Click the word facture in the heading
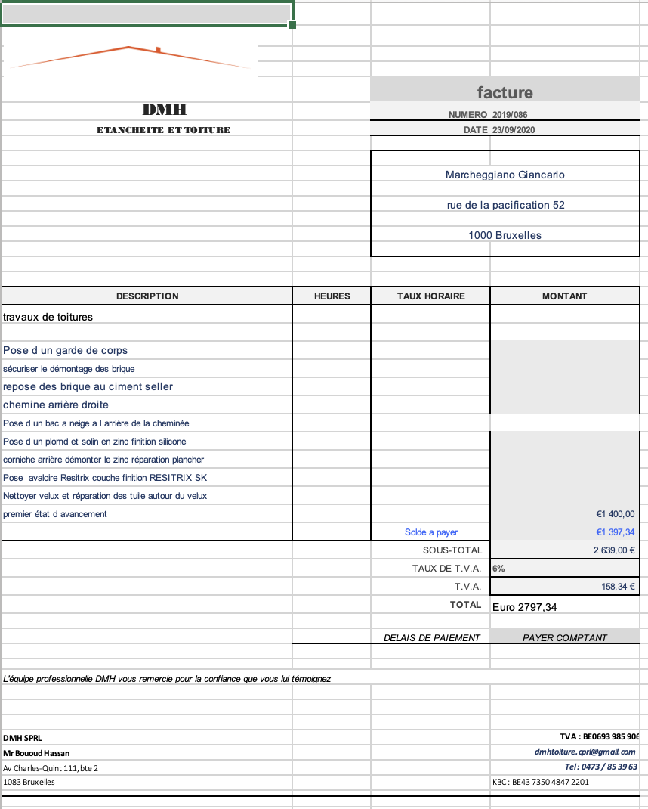point(505,92)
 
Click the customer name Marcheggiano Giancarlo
point(505,175)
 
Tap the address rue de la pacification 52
point(505,205)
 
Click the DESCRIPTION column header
point(147,296)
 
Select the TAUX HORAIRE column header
point(430,296)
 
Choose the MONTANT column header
point(564,296)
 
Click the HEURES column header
point(332,296)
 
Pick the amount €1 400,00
point(615,514)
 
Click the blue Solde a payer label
point(431,532)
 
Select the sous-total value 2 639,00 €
point(613,550)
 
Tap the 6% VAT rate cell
point(499,569)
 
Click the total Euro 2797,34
point(524,606)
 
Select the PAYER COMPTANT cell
point(564,638)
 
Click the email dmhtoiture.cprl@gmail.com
point(585,752)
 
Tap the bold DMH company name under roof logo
point(164,110)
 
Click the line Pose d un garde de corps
point(66,350)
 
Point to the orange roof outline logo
point(132,57)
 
